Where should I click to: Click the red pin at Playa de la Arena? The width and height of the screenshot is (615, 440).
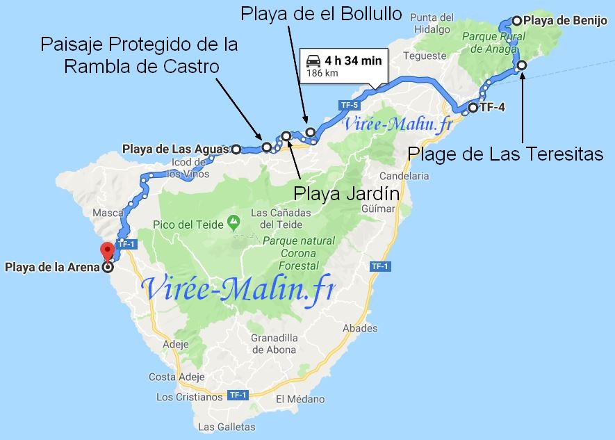[x=107, y=252]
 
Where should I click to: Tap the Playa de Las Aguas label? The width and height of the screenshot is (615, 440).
[x=174, y=149]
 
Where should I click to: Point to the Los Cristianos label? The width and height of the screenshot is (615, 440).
[x=189, y=398]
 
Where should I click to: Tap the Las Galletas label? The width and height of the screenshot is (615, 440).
[x=227, y=427]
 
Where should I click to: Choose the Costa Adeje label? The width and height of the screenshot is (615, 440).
[x=177, y=377]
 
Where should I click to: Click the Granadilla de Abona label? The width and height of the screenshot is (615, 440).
[x=274, y=344]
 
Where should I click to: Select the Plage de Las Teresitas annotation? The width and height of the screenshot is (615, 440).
[x=505, y=154]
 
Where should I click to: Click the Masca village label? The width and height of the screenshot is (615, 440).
[x=108, y=213]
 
